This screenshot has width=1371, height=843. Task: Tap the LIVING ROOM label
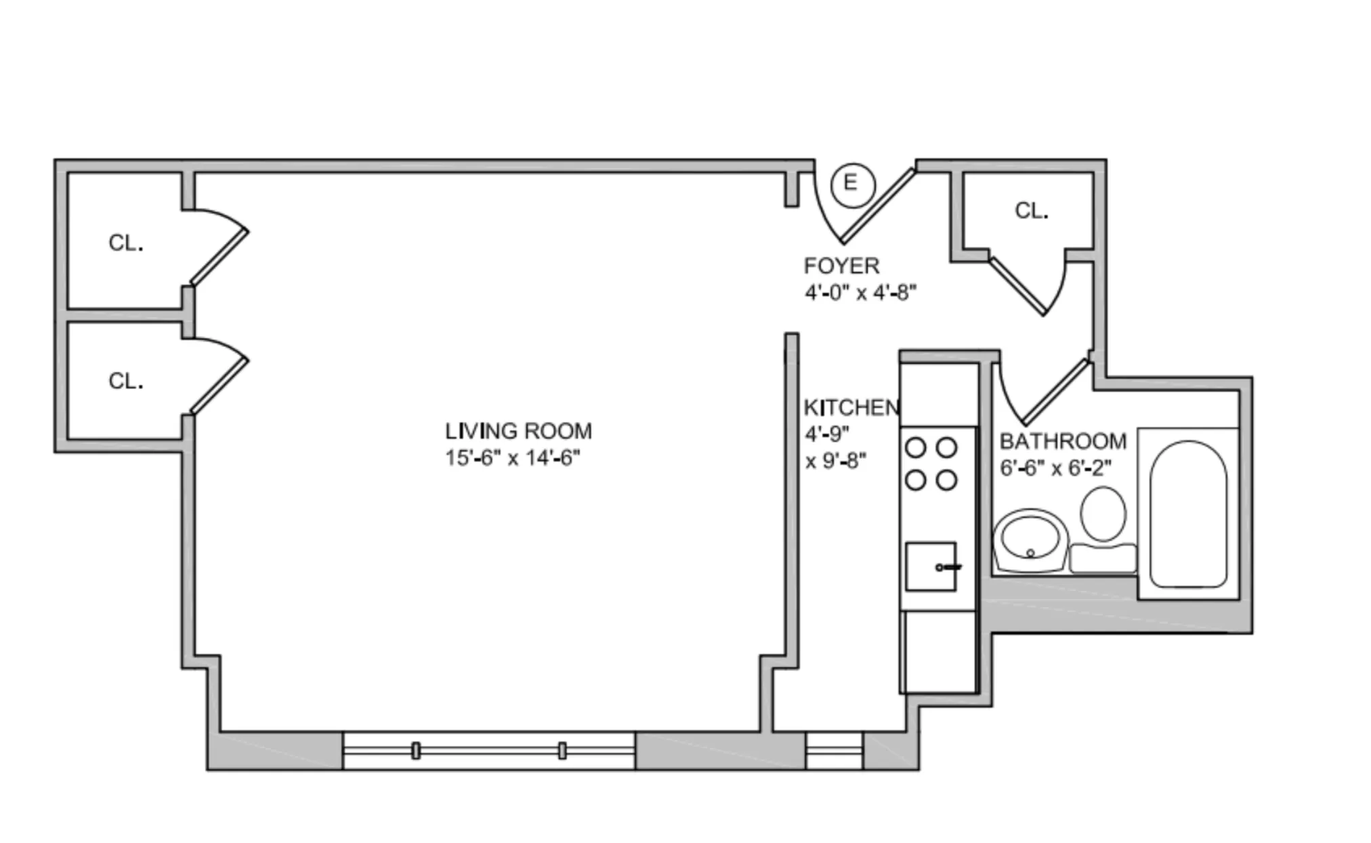click(518, 431)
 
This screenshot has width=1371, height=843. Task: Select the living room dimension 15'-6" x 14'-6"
click(513, 458)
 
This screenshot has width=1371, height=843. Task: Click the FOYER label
click(841, 266)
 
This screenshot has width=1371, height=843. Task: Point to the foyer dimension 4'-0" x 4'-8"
click(860, 293)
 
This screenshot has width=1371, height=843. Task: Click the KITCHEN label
click(851, 407)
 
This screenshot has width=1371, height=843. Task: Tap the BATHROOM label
click(1063, 441)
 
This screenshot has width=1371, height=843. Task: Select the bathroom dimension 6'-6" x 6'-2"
click(1055, 468)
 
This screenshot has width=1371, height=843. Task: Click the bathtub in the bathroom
click(1188, 514)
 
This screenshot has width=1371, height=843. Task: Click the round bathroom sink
click(1030, 539)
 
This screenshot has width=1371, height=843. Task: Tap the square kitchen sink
click(930, 567)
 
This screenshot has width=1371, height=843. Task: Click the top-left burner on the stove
click(916, 447)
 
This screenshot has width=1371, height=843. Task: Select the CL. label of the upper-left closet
click(126, 243)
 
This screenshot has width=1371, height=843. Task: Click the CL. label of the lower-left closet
click(126, 381)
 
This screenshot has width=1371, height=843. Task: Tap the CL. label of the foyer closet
click(1032, 211)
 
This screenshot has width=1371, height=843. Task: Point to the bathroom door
click(1055, 393)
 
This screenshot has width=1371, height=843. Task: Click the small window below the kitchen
click(834, 751)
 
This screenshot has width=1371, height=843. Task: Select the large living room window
click(488, 751)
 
